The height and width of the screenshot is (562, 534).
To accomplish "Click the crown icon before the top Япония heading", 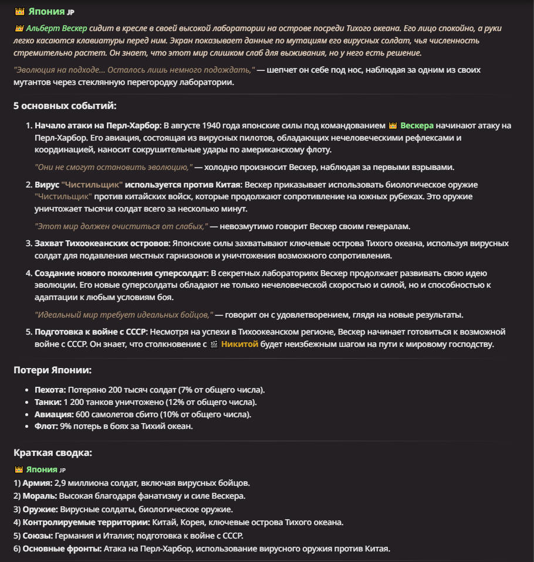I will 19,12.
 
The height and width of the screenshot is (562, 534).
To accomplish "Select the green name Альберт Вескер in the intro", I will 56,28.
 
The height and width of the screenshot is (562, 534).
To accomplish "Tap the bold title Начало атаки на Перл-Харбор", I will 97,125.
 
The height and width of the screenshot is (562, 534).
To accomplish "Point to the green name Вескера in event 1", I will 417,125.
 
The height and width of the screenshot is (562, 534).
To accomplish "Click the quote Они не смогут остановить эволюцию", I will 114,167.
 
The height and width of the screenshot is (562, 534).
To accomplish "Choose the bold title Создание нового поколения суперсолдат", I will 121,273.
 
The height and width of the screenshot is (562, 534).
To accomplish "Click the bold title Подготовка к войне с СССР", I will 97,332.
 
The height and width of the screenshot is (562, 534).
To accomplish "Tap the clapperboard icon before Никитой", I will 214,345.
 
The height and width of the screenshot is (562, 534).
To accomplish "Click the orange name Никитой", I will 239,345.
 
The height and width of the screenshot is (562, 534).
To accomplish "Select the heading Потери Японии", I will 52,370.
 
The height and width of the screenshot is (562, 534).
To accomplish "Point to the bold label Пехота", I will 50,390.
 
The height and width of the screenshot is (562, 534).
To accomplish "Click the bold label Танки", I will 49,402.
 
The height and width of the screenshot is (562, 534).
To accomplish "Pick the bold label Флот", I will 46,426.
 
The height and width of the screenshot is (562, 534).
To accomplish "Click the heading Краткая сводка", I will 53,452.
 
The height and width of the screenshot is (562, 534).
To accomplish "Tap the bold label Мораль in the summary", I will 39,496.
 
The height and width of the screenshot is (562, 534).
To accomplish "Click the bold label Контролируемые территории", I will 86,522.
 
